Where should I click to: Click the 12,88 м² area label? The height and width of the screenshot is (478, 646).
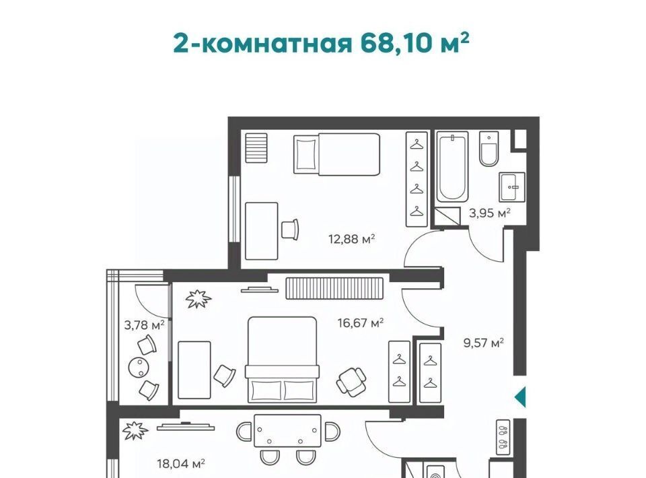[x=351, y=238]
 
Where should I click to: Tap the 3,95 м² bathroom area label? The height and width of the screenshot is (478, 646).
[x=490, y=213]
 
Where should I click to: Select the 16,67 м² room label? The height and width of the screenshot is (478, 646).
[x=361, y=322]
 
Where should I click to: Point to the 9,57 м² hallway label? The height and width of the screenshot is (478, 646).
[x=484, y=343]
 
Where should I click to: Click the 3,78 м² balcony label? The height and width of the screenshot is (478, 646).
[x=144, y=325]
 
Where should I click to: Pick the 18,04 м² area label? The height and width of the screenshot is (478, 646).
[x=181, y=464]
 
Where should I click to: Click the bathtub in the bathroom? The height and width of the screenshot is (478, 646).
[x=452, y=166]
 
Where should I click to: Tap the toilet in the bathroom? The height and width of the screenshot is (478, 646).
[x=489, y=149]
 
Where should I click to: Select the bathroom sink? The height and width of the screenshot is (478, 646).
[x=512, y=187]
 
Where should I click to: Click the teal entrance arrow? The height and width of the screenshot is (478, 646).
[x=520, y=397]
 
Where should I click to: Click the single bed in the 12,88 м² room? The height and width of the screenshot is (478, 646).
[x=336, y=153]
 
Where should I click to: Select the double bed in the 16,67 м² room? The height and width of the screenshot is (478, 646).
[x=282, y=360]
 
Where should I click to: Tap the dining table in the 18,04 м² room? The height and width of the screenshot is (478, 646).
[x=287, y=431]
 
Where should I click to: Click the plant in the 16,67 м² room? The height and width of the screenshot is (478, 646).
[x=198, y=299]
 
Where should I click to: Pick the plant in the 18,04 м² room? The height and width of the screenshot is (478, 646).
[x=135, y=431]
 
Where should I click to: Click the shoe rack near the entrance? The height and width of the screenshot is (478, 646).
[x=504, y=438]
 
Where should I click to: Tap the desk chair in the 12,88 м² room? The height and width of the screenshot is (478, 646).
[x=291, y=229]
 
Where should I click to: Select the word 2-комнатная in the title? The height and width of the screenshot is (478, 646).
[x=263, y=43]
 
